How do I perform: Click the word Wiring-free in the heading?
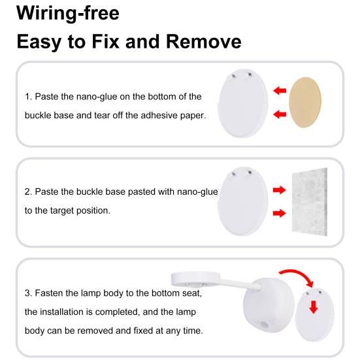click(x=68, y=13)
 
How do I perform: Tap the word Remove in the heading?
click(x=203, y=42)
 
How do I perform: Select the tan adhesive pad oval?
click(x=305, y=102)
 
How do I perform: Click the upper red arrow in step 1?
click(x=280, y=90)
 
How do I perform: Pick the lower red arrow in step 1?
click(x=280, y=114)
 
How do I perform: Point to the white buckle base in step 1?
click(x=242, y=103)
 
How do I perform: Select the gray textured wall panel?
click(x=310, y=202)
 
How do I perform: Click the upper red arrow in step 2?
click(x=279, y=190)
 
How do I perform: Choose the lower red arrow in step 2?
click(x=279, y=213)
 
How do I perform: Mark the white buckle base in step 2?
click(x=242, y=201)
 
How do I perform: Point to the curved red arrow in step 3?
click(x=299, y=275)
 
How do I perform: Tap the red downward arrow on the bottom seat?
click(x=314, y=307)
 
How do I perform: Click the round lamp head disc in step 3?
click(x=195, y=280)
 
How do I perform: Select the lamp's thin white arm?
click(x=240, y=284)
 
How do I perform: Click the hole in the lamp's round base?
click(x=265, y=325)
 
